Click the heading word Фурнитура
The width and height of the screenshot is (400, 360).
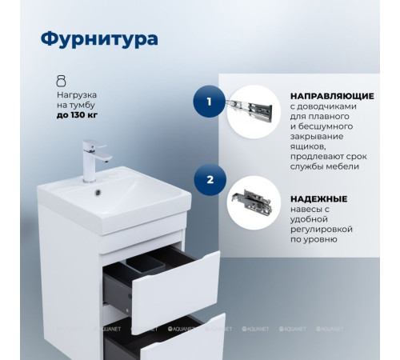[98, 38]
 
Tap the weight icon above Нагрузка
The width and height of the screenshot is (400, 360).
[60, 81]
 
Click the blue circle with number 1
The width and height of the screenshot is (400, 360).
[209, 102]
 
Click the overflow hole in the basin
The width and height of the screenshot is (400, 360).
[98, 190]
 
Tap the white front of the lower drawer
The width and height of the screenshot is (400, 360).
[184, 340]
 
